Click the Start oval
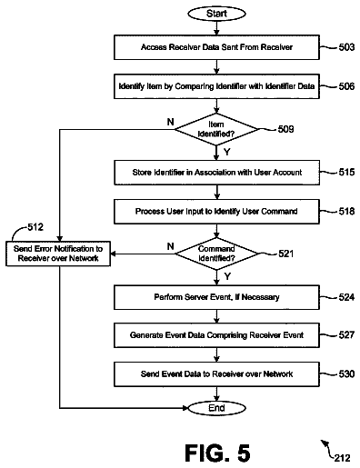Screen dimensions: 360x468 [x=216, y=14]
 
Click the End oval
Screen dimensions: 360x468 [x=216, y=408]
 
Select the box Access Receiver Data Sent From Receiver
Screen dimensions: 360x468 [x=216, y=47]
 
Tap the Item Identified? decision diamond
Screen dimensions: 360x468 [x=216, y=129]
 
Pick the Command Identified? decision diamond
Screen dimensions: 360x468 [x=216, y=254]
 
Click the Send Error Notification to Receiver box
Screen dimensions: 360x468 [x=58, y=254]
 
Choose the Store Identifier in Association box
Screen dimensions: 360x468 [x=216, y=173]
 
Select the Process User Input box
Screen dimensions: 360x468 [x=216, y=212]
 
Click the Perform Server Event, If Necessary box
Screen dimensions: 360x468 [x=216, y=297]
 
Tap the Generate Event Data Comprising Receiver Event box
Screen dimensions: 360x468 [x=216, y=335]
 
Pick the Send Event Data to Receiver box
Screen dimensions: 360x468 [x=216, y=374]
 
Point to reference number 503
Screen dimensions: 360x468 [x=346, y=47]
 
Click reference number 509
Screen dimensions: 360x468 [x=285, y=129]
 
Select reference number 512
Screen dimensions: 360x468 [x=35, y=227]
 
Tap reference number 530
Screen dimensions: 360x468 [x=346, y=374]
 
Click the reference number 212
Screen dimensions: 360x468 [x=343, y=458]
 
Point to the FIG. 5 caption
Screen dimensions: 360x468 [x=217, y=453]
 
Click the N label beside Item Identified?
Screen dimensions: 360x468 [x=171, y=122]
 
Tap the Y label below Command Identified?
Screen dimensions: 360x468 [x=227, y=276]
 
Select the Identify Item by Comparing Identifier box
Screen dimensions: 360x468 [x=216, y=86]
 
